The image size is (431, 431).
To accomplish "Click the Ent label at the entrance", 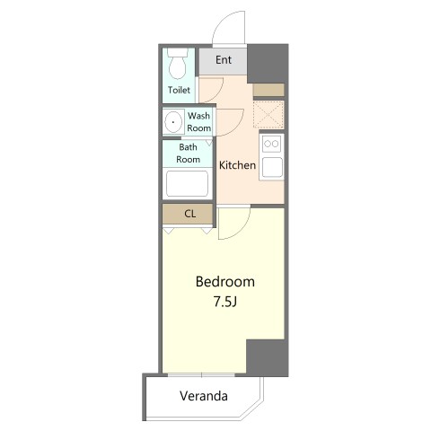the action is click(x=224, y=60).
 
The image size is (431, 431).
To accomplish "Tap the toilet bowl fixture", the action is click(x=178, y=64).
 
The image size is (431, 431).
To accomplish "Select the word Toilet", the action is click(x=179, y=90).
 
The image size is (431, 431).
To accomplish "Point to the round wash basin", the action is click(x=173, y=122).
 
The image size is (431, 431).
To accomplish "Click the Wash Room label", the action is click(x=198, y=122).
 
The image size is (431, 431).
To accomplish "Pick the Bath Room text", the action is click(x=188, y=154).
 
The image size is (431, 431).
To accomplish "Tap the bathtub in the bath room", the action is click(x=188, y=183).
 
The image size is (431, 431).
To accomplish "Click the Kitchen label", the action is click(x=237, y=165).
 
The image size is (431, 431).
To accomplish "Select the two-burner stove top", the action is click(x=272, y=144).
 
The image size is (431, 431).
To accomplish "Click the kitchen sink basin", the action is click(x=272, y=167).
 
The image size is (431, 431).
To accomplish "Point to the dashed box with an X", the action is click(x=268, y=115).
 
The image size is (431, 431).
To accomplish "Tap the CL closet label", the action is click(x=190, y=214).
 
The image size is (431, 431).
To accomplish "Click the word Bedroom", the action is click(x=225, y=282).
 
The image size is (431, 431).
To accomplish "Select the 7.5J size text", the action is click(x=225, y=302).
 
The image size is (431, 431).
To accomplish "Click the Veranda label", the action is click(x=204, y=396).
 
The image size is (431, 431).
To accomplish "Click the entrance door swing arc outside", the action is click(x=223, y=21).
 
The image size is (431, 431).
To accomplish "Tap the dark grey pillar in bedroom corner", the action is click(x=268, y=357).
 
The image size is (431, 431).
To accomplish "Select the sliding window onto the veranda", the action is click(x=201, y=374).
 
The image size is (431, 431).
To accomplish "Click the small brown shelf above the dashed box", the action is click(x=268, y=90).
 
